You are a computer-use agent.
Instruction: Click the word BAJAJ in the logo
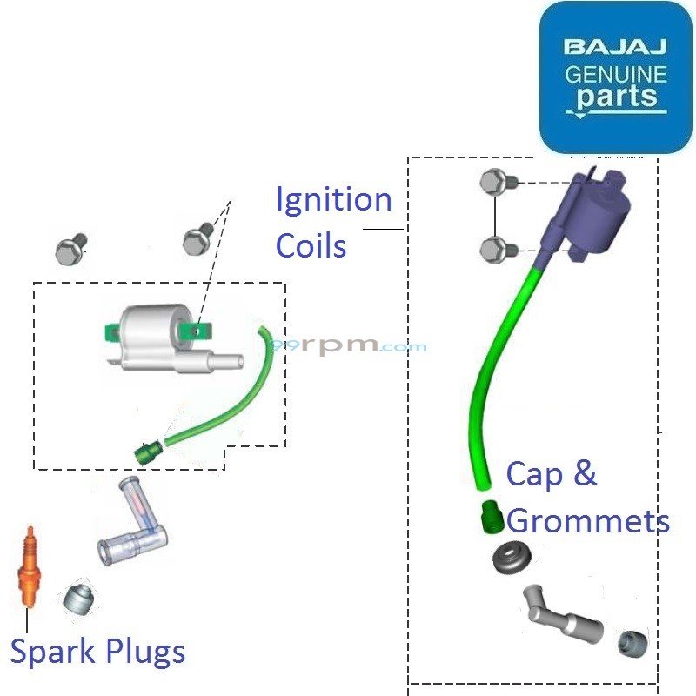point(614,46)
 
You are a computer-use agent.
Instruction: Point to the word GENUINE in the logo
point(615,73)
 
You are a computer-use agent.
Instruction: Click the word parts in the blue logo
point(616,97)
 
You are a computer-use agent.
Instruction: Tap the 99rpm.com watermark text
point(348,345)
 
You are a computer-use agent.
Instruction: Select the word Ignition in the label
point(333,200)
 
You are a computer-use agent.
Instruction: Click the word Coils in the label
point(311,246)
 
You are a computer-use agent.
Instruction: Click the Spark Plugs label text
point(97,651)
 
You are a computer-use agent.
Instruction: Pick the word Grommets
point(588,520)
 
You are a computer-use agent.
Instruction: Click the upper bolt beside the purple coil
point(495,183)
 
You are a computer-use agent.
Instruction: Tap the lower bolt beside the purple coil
point(495,250)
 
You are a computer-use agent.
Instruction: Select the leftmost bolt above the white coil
point(70,251)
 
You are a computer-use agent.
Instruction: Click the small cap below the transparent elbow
point(77,599)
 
